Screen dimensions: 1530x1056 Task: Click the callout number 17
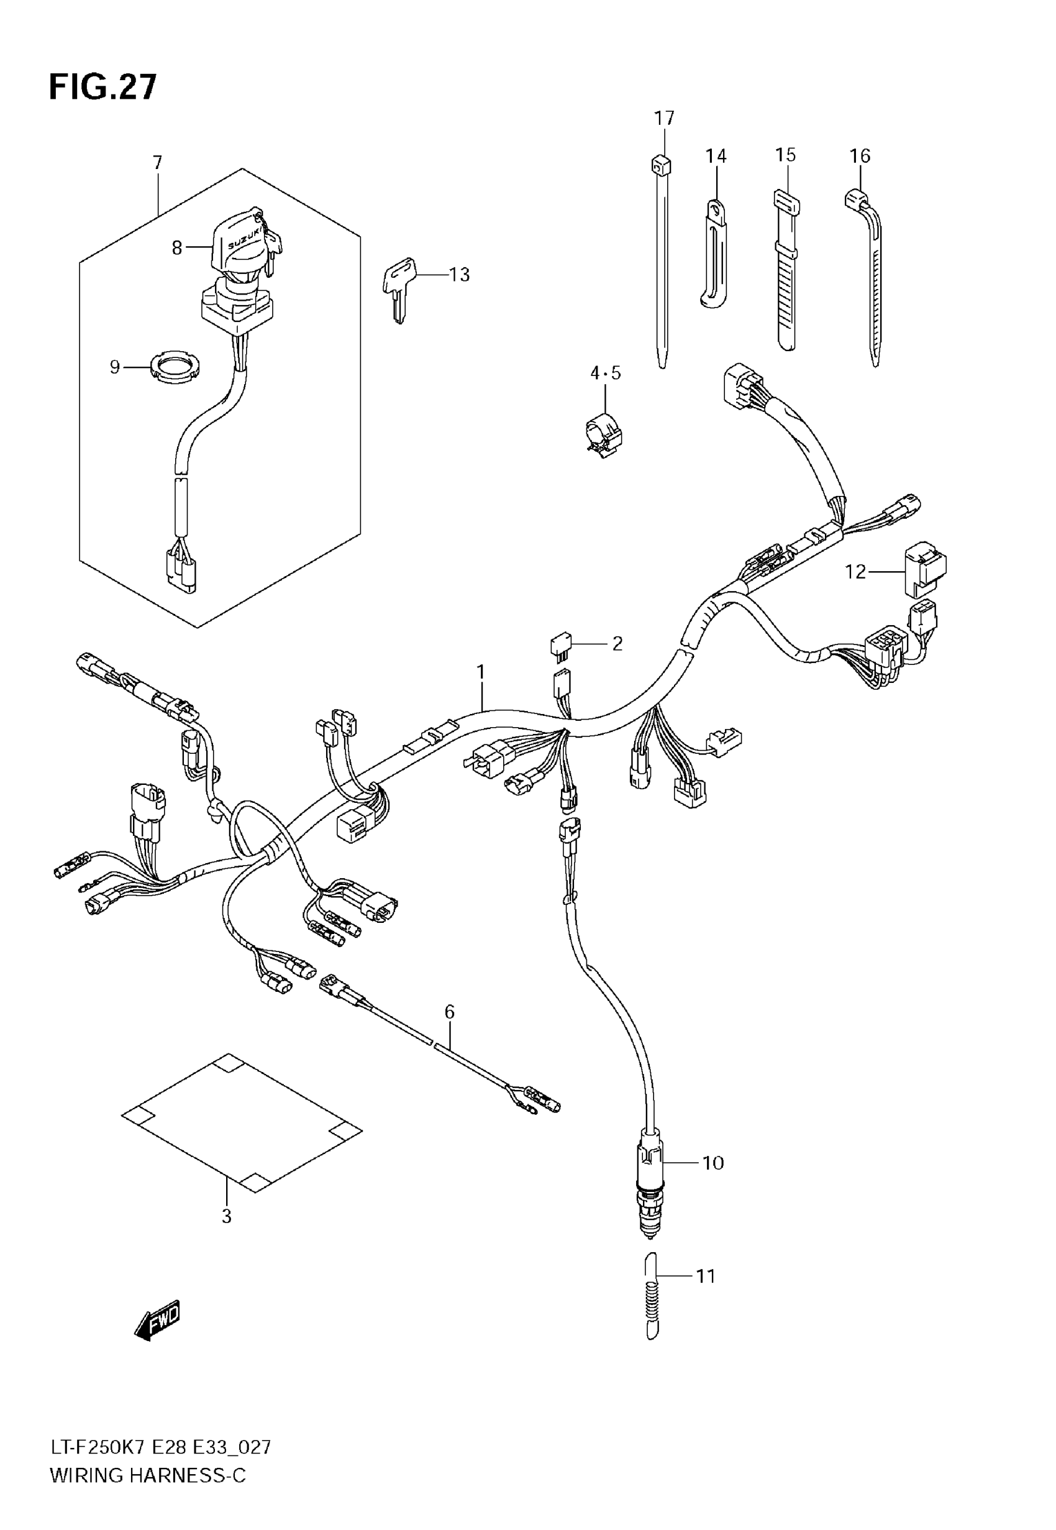[664, 119]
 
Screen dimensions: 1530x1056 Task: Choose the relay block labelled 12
[924, 569]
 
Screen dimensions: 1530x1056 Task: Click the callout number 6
[449, 1011]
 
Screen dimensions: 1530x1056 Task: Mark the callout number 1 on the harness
[481, 672]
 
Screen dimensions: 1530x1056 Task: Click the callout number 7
[158, 163]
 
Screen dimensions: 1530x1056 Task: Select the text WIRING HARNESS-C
[148, 1475]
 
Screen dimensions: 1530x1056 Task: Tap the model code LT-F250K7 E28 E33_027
[161, 1447]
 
